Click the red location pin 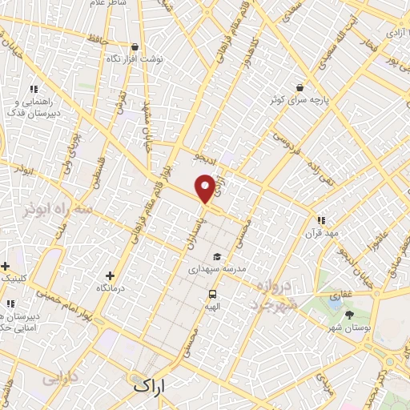(x=206, y=187)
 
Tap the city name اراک (x=150, y=385)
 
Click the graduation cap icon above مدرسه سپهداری (x=216, y=257)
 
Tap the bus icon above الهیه (x=211, y=293)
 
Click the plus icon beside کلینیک (x=5, y=265)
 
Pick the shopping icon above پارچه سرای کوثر (x=299, y=88)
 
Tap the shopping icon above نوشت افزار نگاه (x=133, y=47)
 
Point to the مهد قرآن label (x=320, y=233)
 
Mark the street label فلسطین (x=94, y=174)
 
